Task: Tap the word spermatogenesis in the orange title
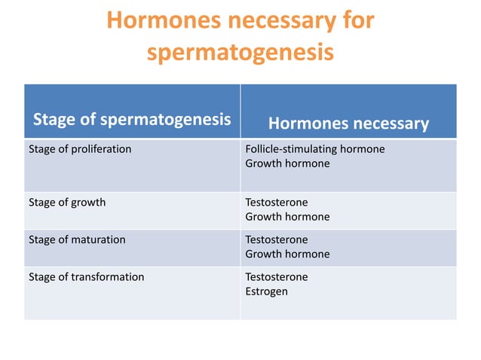tap(239, 53)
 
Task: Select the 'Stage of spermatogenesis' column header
tap(131, 120)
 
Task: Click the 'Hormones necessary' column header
tap(348, 124)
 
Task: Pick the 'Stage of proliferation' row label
tap(80, 149)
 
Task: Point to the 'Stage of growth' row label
tap(67, 203)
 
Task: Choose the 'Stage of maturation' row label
tap(77, 239)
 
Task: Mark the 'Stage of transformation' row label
tap(86, 276)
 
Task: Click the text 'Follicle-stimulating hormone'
tap(315, 149)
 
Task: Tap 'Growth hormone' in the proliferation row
tap(287, 163)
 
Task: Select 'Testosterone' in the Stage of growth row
tap(277, 203)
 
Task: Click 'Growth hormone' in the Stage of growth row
tap(287, 217)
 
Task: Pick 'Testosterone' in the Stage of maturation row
tap(277, 239)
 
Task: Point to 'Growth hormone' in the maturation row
tap(287, 254)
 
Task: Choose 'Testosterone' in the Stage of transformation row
tap(277, 276)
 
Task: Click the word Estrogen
tap(266, 291)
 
